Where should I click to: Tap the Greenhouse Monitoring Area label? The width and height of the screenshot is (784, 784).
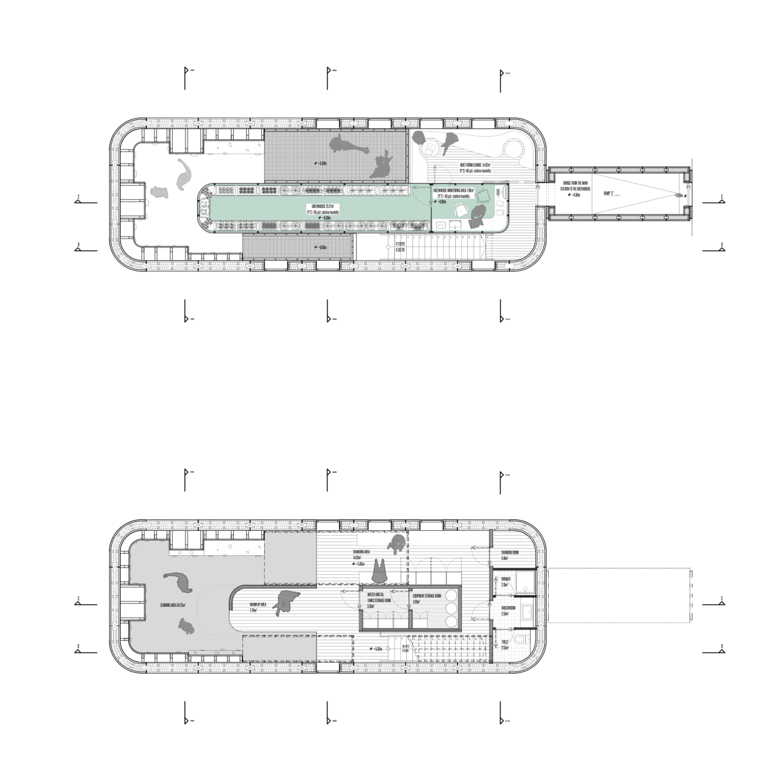click(x=454, y=190)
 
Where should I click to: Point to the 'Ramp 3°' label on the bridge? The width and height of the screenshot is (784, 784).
click(x=609, y=193)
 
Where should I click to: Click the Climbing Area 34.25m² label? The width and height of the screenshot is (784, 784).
click(x=173, y=605)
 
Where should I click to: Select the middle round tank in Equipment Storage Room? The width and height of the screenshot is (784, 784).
click(x=452, y=608)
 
